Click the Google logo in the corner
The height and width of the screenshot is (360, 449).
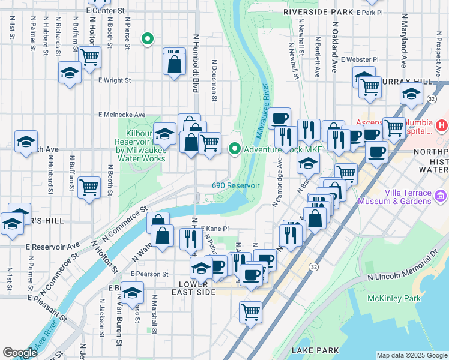[x=20, y=353]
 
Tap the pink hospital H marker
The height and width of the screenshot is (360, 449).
[x=442, y=125]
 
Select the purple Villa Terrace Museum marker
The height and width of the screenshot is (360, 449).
[x=441, y=196]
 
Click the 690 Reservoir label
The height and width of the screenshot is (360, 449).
[x=235, y=185]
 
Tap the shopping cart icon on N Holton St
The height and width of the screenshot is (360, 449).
[x=89, y=58]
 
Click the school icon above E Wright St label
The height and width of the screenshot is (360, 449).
[x=70, y=73]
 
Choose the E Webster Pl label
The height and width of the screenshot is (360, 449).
[x=360, y=59]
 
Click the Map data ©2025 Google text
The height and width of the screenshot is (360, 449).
[x=411, y=355]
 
